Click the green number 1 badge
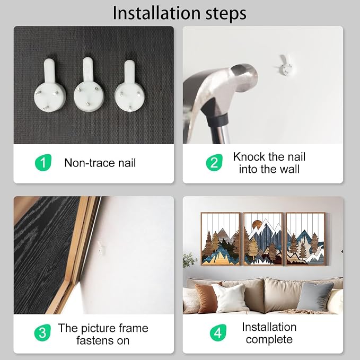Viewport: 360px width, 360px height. coord(43,163)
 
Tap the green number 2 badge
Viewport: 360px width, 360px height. coord(214,163)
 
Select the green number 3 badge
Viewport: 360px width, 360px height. coord(42,332)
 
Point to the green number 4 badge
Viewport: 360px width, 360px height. coord(218,332)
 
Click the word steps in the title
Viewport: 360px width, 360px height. coord(226,14)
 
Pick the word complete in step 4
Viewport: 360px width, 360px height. coord(269,339)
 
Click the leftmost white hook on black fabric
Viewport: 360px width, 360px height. coord(50,86)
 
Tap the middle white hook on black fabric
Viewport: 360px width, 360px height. coord(89,85)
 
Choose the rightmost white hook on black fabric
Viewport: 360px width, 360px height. coord(129,86)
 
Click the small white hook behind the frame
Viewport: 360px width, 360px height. coord(101,249)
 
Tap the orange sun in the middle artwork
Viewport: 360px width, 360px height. coord(256,225)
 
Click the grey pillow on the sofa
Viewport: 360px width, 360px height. coord(315,296)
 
